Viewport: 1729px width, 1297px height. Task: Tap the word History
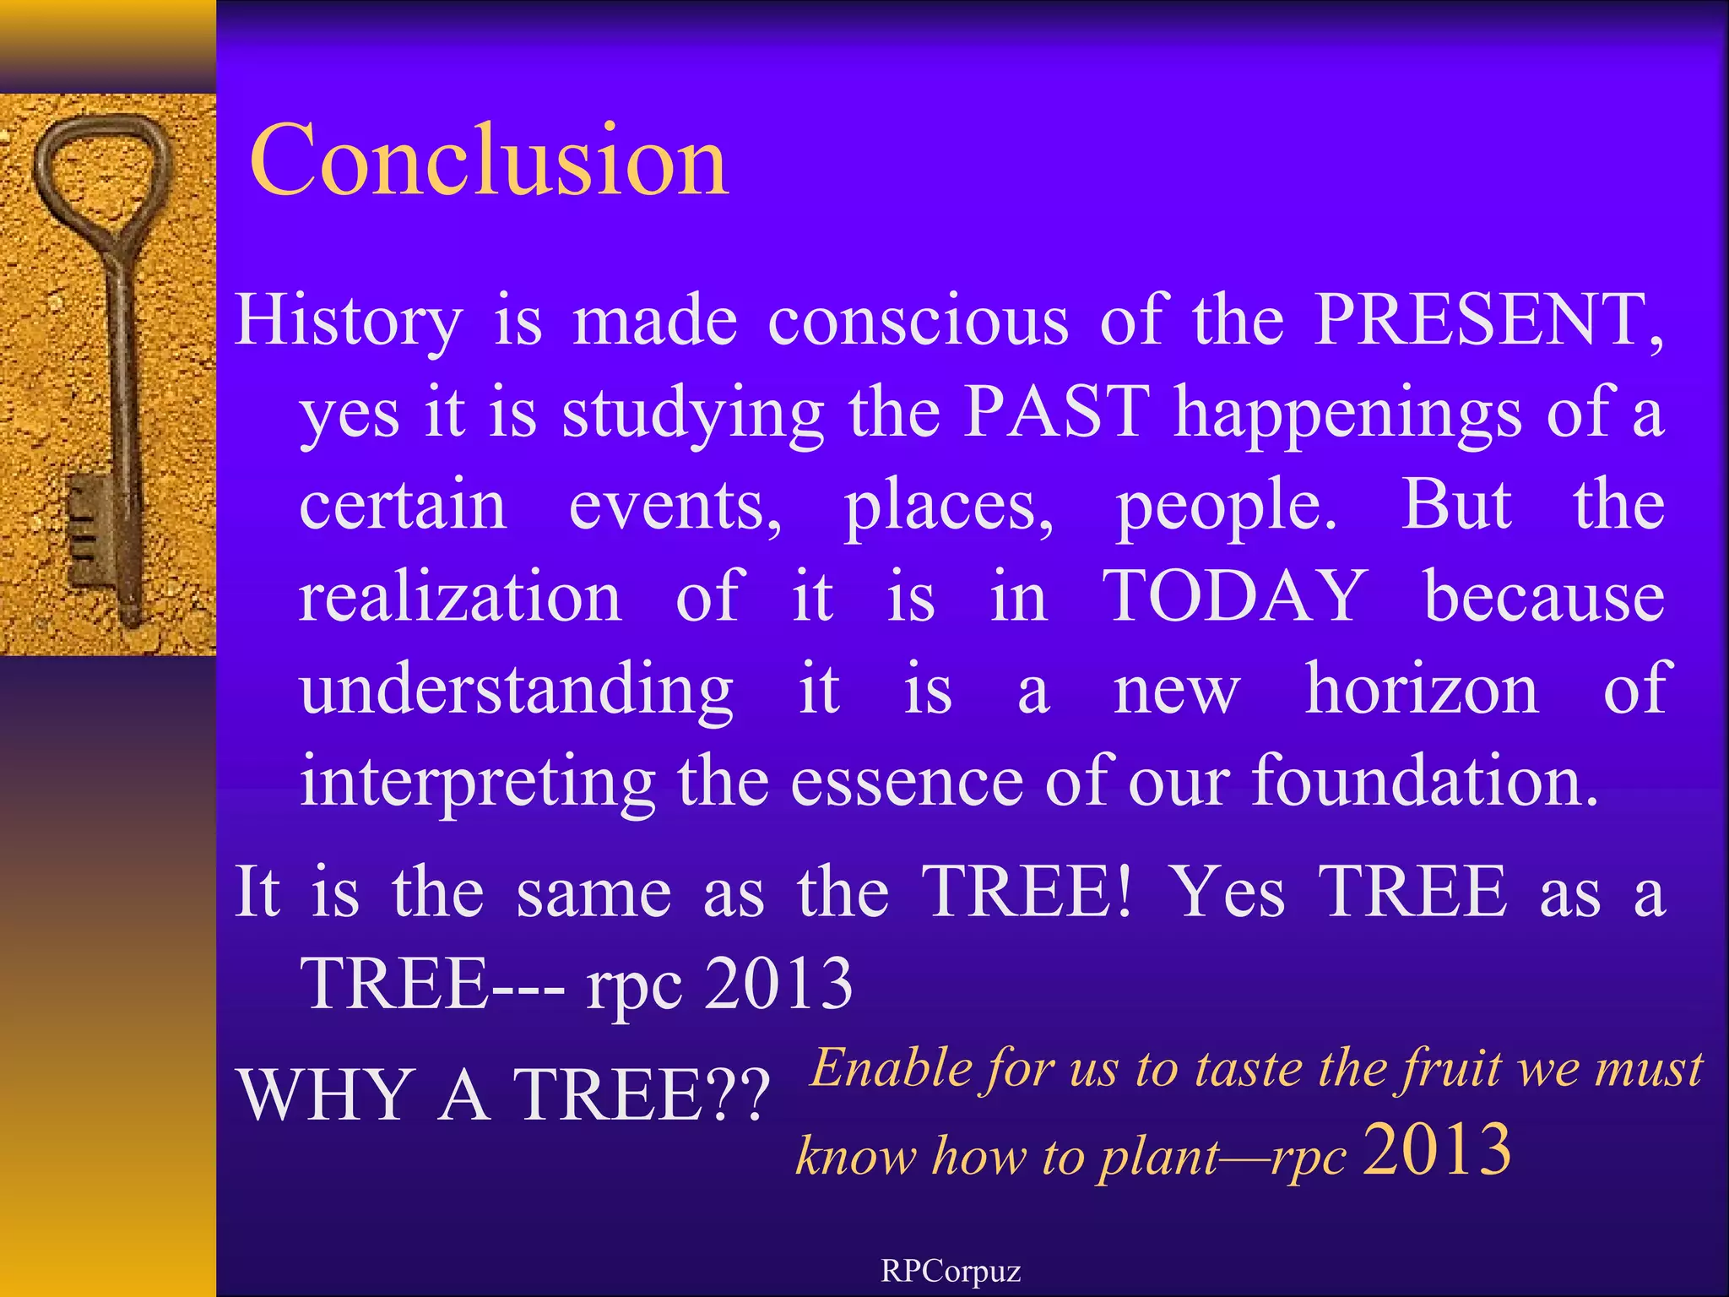pos(349,321)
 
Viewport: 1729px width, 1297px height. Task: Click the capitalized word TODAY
pos(1235,596)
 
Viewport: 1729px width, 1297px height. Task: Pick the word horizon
pos(1422,689)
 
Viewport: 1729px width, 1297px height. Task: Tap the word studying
pos(692,414)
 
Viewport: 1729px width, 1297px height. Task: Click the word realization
pos(461,596)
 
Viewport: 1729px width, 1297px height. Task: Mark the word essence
pos(907,781)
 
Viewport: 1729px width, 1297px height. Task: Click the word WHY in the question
pos(324,1095)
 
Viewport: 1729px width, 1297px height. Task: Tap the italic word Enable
pos(892,1068)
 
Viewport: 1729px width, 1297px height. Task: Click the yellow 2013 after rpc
pos(1437,1150)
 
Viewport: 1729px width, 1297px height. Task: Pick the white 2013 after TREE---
pos(778,984)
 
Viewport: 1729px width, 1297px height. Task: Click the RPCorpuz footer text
pos(951,1271)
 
